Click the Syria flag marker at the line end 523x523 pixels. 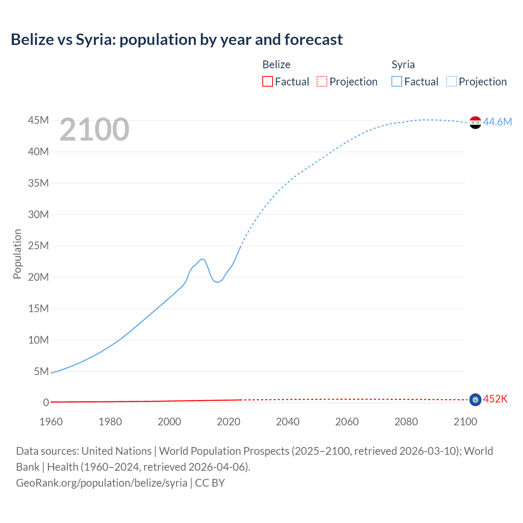coord(475,122)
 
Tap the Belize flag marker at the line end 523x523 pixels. coord(475,400)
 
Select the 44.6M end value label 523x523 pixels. coord(497,122)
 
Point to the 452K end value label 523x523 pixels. coord(495,399)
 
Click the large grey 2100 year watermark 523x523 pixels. coord(94,130)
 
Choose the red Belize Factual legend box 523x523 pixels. coord(268,81)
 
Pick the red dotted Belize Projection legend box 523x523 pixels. coord(322,81)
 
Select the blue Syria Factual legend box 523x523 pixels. coord(397,81)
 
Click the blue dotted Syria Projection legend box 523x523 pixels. coord(451,81)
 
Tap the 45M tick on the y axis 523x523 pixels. coord(38,121)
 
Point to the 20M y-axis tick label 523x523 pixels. coord(38,277)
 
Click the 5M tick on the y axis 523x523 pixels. coord(41,371)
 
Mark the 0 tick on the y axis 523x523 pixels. coord(46,403)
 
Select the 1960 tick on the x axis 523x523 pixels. coord(51,422)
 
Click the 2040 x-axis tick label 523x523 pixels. coord(288,422)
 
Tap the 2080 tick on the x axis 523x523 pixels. coord(406,422)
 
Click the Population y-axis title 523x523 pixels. coord(17,254)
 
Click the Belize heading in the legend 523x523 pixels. coord(276,65)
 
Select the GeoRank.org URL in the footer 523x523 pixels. coord(102,483)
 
